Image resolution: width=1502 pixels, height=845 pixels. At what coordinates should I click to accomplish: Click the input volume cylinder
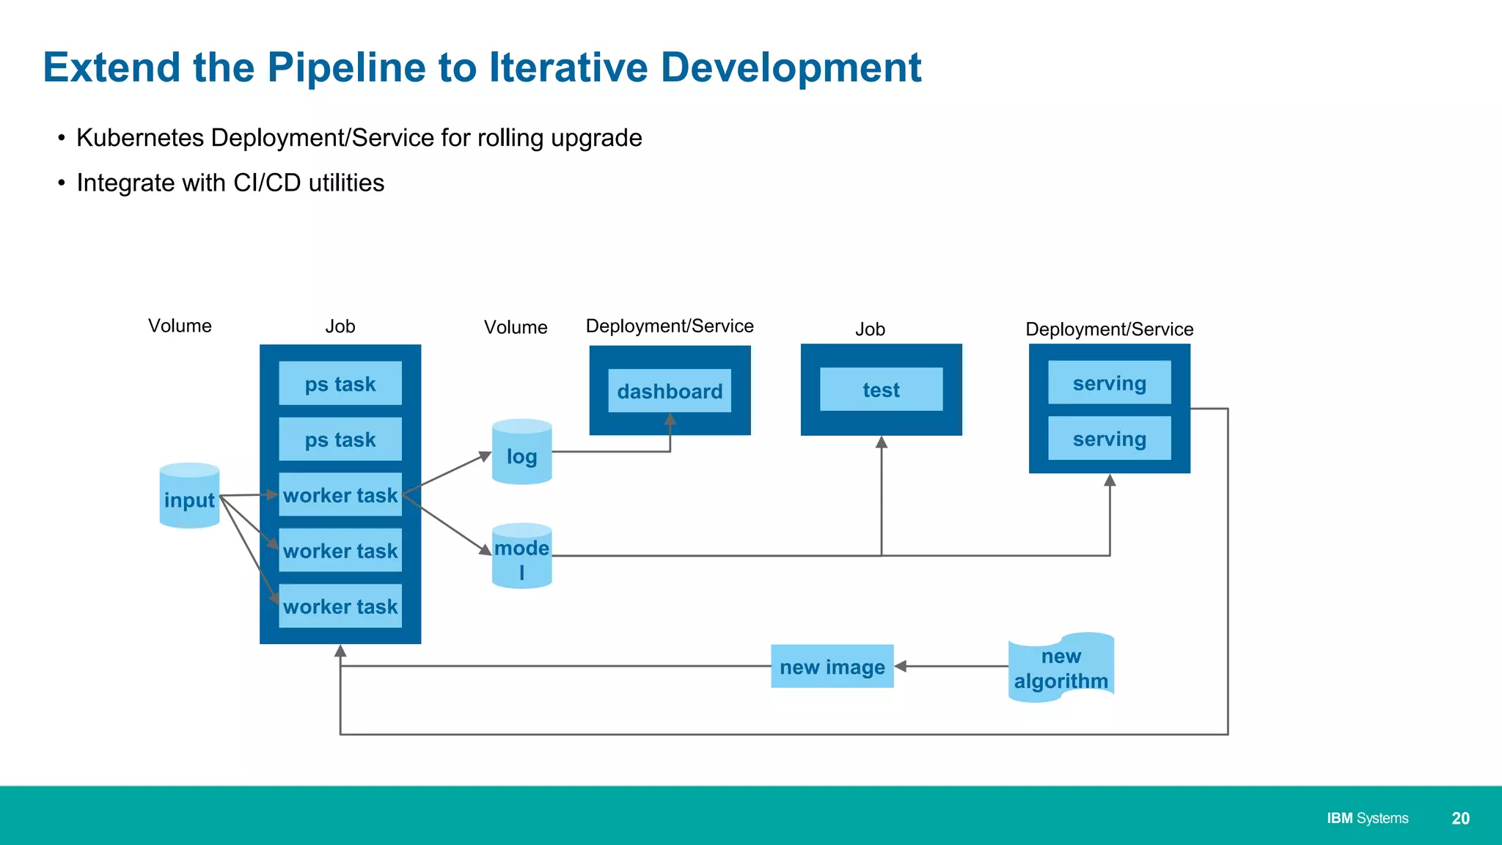coord(189,496)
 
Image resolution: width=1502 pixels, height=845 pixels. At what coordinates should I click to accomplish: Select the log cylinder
coord(521,453)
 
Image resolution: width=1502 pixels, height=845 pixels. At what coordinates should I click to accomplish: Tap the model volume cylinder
coord(521,556)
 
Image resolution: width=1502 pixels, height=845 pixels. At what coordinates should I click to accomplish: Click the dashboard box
coord(670,391)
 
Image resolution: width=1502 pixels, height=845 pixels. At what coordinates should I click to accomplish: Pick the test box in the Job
coord(881,389)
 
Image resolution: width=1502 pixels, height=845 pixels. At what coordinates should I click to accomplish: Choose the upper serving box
coord(1109,382)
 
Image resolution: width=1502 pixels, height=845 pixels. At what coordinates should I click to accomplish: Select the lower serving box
coord(1109,439)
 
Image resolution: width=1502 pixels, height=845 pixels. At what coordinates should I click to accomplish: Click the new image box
coord(832,666)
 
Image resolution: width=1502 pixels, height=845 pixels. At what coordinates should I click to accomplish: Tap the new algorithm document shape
coord(1060,667)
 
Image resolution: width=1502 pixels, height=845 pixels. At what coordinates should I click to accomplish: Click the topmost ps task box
coord(340,383)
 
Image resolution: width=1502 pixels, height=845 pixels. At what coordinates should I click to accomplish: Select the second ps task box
coord(340,439)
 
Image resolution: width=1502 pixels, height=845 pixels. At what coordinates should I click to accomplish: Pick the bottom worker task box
coord(340,606)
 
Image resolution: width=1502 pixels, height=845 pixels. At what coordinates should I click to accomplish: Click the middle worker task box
coord(340,550)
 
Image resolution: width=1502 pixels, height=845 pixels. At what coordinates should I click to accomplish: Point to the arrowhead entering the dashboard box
coord(670,420)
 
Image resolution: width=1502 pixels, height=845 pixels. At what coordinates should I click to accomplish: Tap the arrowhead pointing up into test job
coord(882,442)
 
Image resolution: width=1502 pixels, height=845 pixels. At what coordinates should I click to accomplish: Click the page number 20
coord(1460,819)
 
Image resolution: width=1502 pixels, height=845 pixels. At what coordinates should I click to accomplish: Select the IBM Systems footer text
coord(1367,819)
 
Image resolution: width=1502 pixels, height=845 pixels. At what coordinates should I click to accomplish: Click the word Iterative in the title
coord(568,67)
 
